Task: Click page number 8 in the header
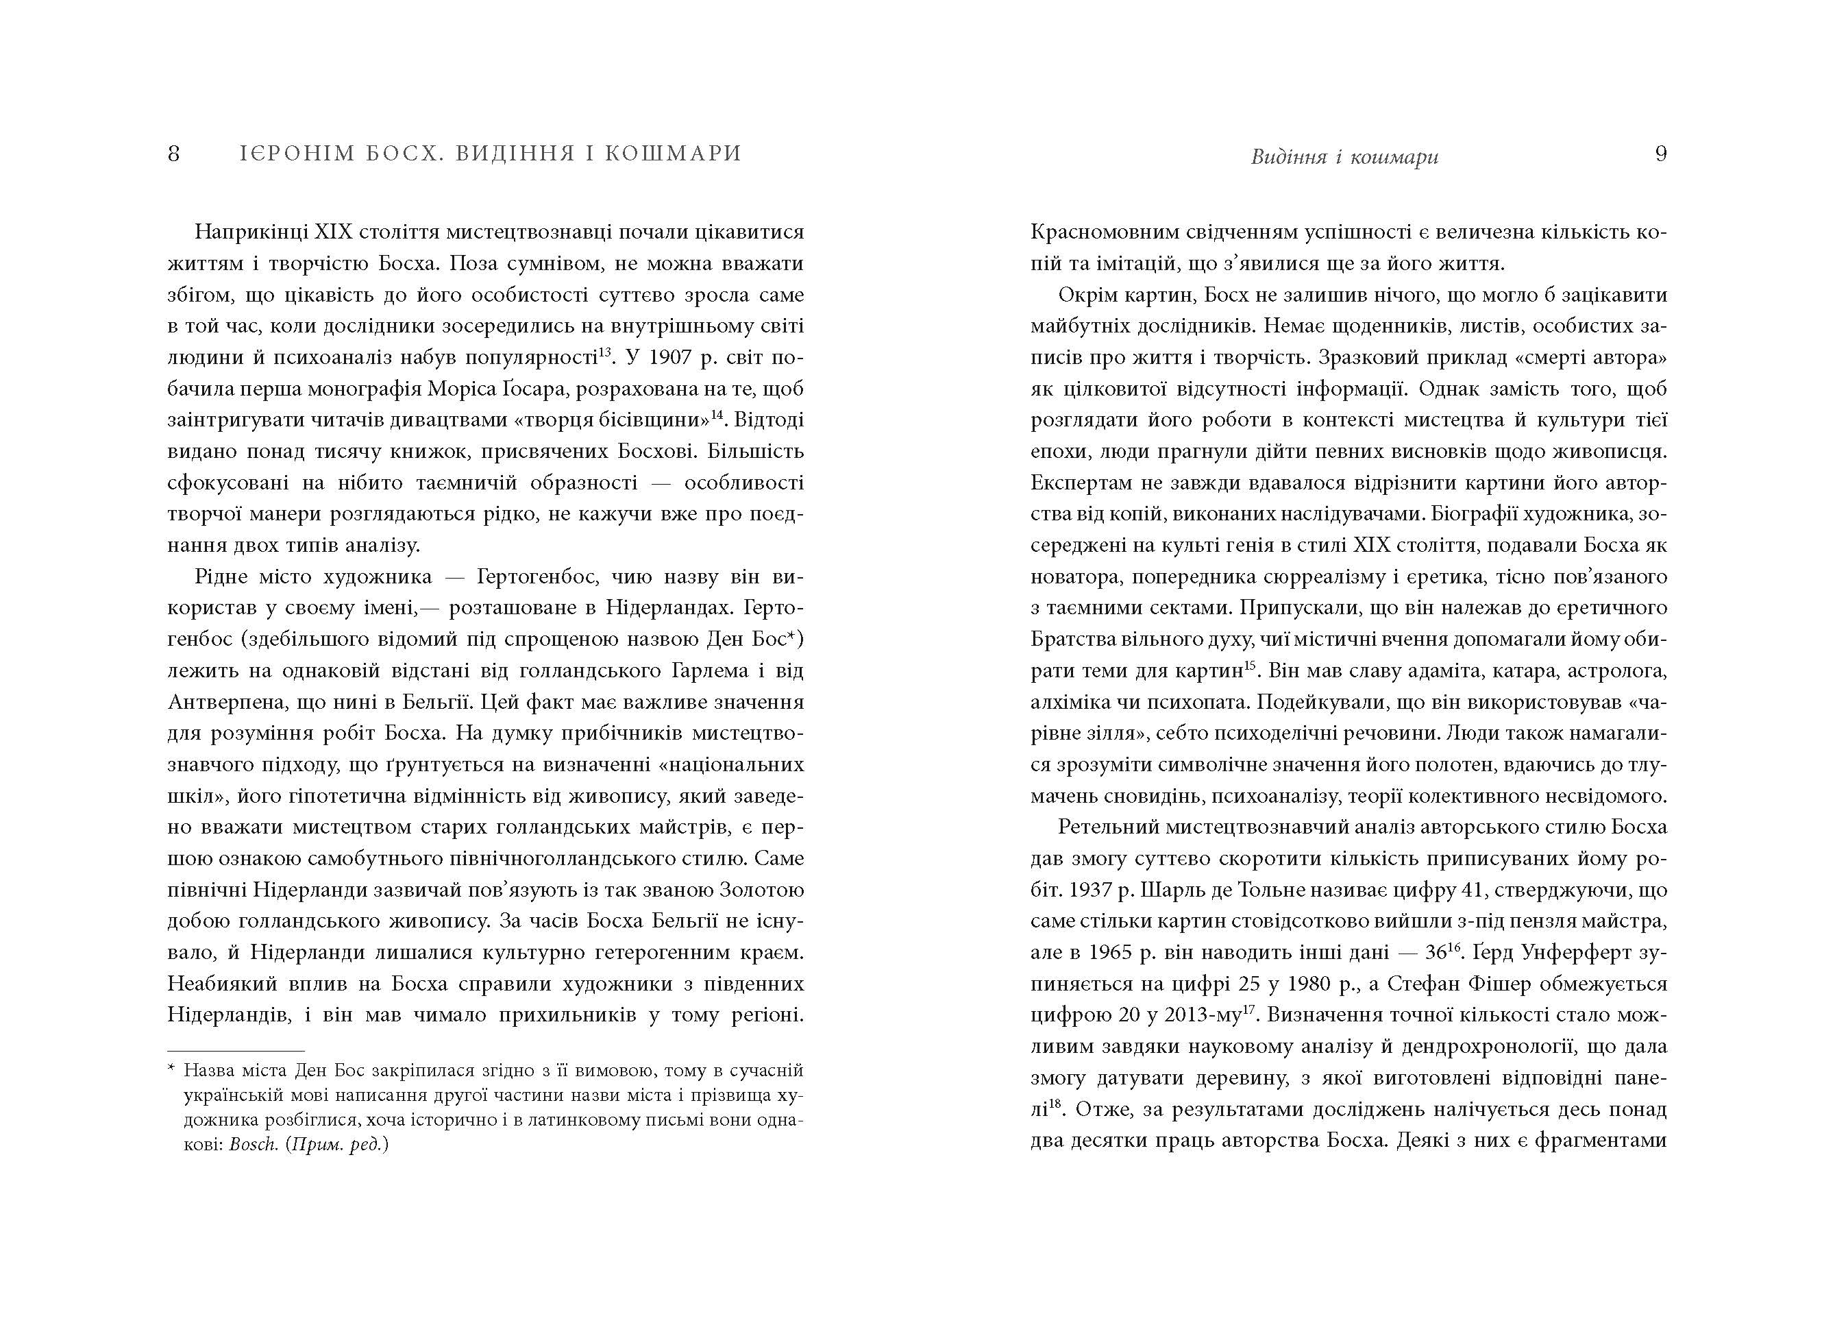[x=173, y=154]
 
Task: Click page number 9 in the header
[x=1661, y=154]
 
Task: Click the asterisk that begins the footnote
[x=171, y=1071]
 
